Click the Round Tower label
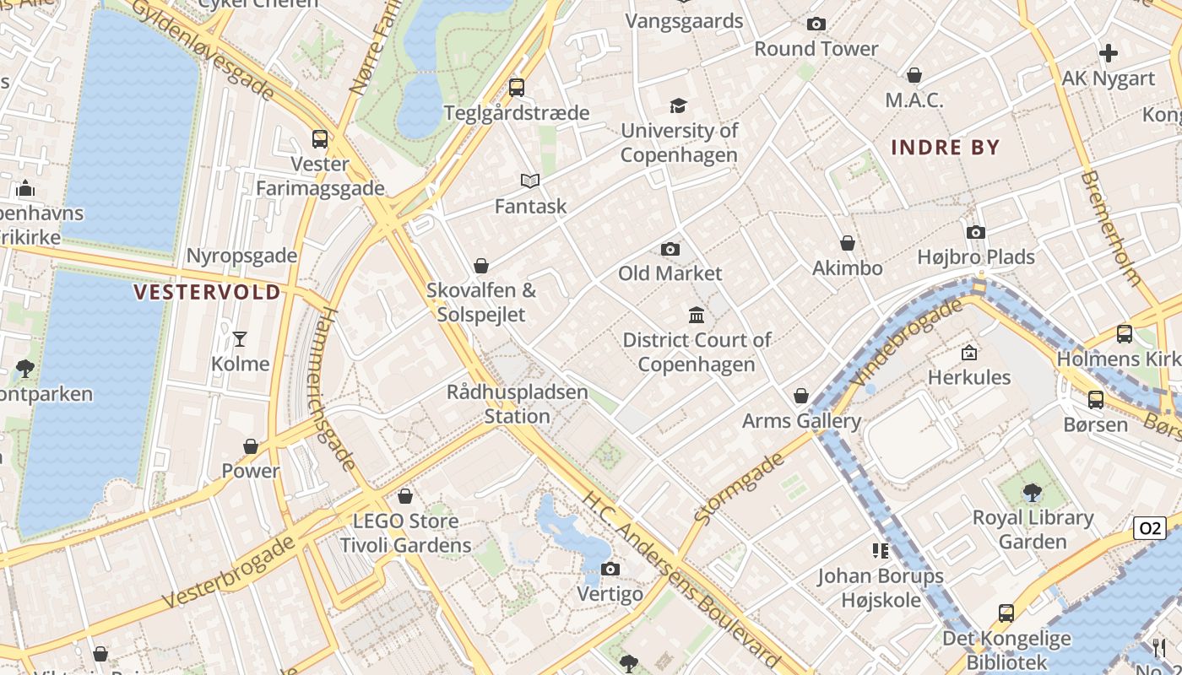click(816, 49)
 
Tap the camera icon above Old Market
click(670, 249)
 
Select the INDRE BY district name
click(945, 148)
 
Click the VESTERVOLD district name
click(208, 293)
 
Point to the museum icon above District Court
click(697, 316)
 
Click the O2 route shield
click(1149, 529)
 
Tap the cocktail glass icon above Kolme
click(240, 339)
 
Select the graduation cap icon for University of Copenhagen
click(678, 105)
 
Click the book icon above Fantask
click(530, 181)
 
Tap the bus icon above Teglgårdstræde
click(517, 87)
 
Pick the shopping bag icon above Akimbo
click(848, 243)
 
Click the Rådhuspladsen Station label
click(517, 404)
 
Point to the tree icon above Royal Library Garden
click(1032, 492)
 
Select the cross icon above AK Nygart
click(1108, 53)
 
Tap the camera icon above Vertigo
click(610, 570)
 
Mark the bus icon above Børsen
click(1096, 399)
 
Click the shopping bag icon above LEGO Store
click(405, 496)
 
